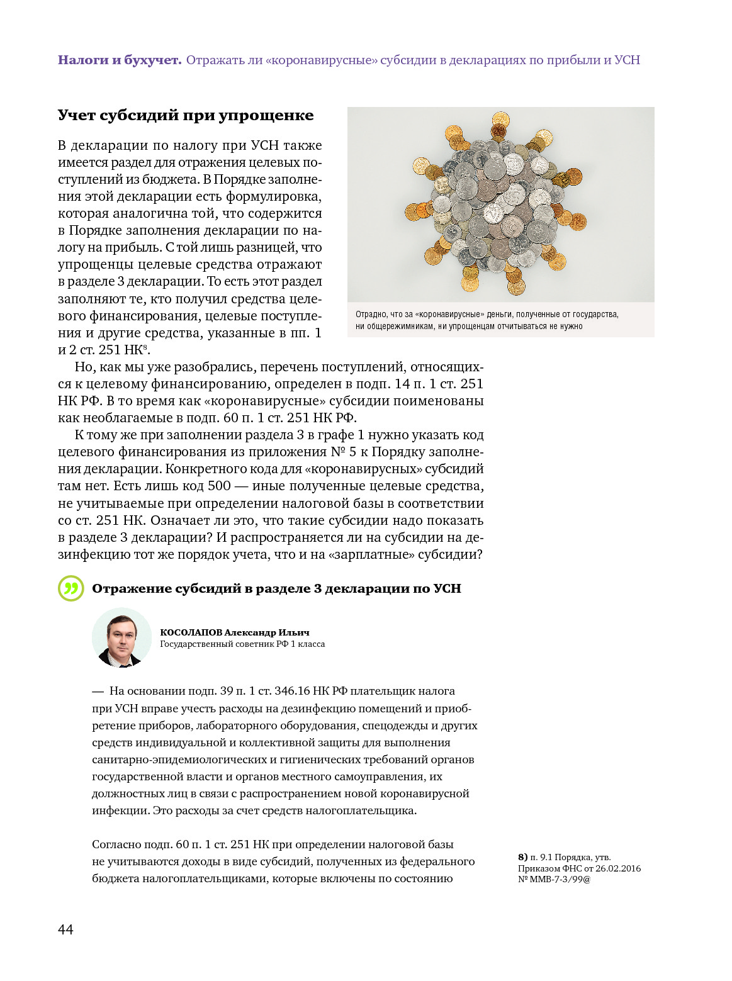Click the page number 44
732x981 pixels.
[65, 929]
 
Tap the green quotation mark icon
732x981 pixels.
[70, 588]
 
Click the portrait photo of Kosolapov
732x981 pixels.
[121, 637]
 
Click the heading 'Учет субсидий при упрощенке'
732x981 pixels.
[185, 115]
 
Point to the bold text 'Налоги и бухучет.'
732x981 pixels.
[120, 60]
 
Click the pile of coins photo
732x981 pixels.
[500, 204]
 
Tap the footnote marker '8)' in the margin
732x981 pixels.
[522, 857]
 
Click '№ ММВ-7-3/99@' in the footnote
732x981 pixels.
[554, 879]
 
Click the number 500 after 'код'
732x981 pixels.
[219, 486]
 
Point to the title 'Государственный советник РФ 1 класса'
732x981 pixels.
[242, 644]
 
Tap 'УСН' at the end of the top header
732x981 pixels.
[627, 60]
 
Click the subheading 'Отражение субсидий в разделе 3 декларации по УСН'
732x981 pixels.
[276, 588]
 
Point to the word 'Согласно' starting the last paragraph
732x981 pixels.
[114, 844]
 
